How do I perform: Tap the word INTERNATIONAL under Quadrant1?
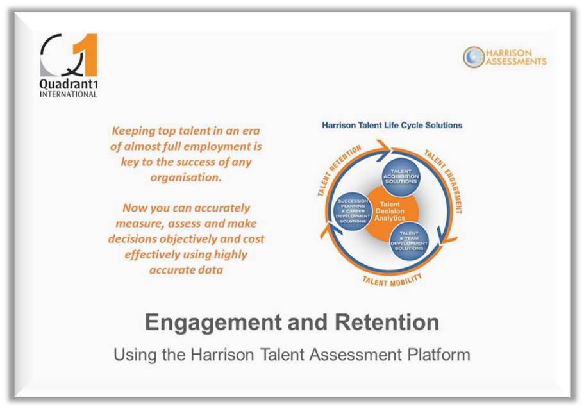(68, 94)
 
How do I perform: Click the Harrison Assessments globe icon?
(474, 57)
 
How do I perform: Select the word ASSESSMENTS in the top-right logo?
(516, 62)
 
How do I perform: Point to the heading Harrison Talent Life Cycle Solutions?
(392, 125)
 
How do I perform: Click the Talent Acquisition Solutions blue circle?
(401, 176)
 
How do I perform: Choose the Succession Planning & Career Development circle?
(353, 211)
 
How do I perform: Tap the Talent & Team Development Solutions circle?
(409, 240)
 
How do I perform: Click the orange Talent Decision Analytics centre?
(390, 211)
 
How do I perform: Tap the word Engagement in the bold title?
(213, 322)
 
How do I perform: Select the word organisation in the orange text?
(186, 178)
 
